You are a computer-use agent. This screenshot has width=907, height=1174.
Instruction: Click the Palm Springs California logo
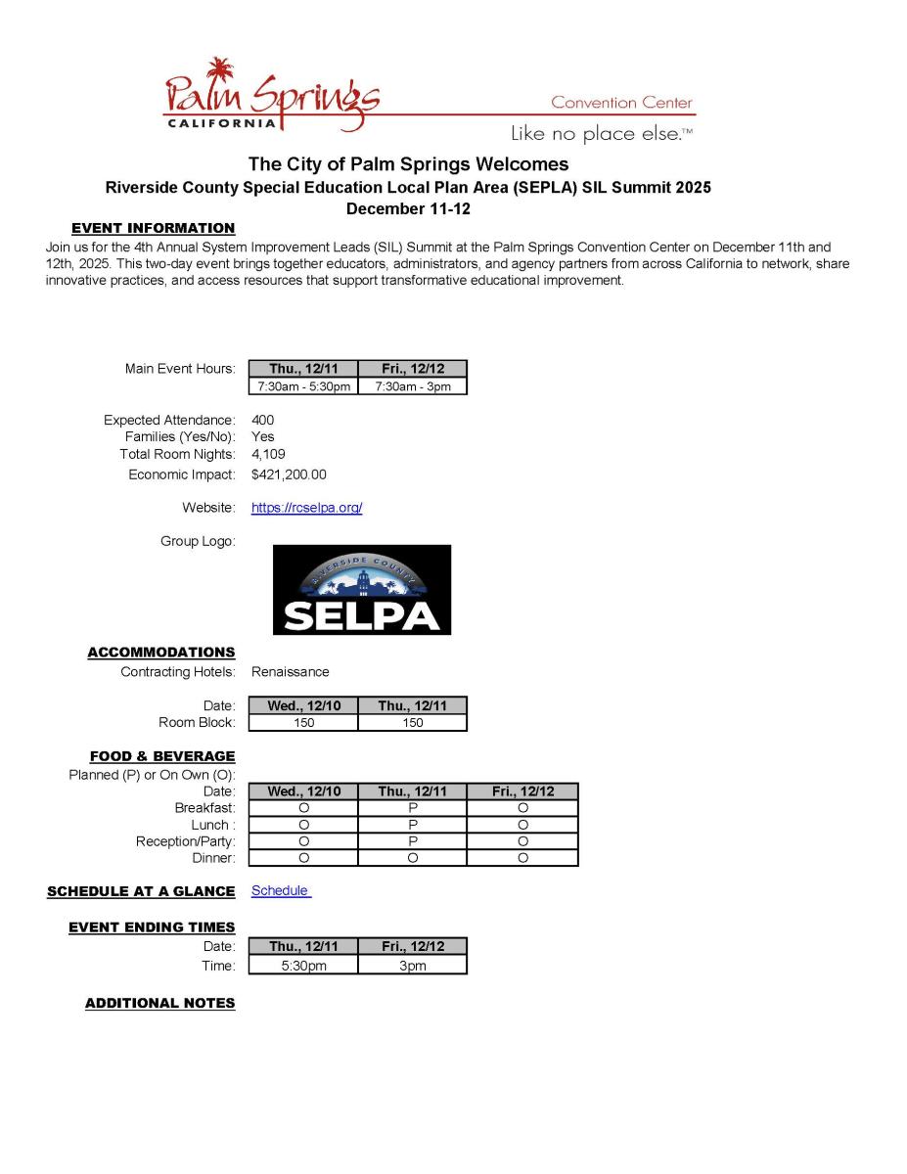(x=271, y=98)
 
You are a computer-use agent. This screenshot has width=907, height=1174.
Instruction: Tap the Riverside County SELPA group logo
(x=361, y=590)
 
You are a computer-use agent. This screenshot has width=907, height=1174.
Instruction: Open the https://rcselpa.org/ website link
(x=306, y=508)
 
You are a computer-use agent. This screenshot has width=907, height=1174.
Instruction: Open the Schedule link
(x=280, y=890)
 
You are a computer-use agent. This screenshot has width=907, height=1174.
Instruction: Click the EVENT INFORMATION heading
(x=154, y=228)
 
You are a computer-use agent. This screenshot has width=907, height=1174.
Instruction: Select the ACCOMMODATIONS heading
(x=161, y=652)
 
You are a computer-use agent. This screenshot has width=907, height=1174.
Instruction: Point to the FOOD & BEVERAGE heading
(x=162, y=756)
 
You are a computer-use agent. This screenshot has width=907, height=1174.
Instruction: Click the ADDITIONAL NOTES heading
(x=160, y=1003)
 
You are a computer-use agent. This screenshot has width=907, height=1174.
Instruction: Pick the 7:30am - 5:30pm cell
(x=303, y=386)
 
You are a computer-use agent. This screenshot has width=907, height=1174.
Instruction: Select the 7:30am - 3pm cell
(x=413, y=386)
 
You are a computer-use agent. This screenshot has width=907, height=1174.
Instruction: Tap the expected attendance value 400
(x=262, y=420)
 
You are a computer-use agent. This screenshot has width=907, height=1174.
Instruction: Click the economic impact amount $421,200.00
(x=289, y=474)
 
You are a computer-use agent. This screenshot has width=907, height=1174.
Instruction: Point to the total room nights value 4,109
(x=268, y=454)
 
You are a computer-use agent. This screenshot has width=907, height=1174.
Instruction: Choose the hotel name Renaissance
(x=291, y=672)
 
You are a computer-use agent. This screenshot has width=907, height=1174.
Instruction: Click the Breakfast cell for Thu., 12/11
(x=413, y=808)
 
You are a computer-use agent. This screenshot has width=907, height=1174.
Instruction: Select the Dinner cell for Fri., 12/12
(x=522, y=858)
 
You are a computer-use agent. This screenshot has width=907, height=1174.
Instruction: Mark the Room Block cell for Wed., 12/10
(x=303, y=723)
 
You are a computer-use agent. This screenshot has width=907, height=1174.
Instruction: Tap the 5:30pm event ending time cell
(x=303, y=966)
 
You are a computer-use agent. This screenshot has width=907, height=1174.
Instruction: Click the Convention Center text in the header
(x=621, y=103)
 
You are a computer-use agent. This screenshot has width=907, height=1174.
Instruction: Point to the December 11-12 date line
(x=408, y=208)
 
